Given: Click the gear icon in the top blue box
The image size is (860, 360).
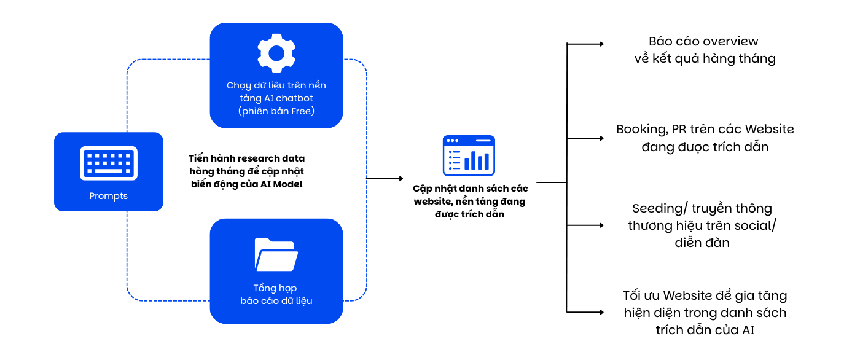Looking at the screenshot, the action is click(276, 53).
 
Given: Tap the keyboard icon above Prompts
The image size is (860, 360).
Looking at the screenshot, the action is click(109, 163).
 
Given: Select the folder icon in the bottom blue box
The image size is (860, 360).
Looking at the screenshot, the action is click(276, 254).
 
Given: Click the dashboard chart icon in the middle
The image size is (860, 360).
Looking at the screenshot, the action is click(469, 155).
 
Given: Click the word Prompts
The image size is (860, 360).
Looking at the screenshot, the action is click(108, 196).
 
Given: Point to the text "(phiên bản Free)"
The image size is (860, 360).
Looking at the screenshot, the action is click(276, 111).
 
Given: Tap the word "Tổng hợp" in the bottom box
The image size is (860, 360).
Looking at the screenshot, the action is click(275, 288).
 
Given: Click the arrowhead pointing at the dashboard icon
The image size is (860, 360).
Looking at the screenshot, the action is click(401, 179).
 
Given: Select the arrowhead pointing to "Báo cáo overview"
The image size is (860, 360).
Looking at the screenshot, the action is click(601, 44).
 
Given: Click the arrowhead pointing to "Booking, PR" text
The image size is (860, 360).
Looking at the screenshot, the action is click(601, 138).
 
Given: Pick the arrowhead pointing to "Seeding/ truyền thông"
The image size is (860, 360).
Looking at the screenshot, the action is click(601, 225).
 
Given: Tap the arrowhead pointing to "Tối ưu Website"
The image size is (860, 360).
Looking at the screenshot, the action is click(601, 313).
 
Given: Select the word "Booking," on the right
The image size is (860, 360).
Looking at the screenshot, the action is click(642, 130).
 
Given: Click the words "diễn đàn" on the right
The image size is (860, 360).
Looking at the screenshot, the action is click(702, 243).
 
